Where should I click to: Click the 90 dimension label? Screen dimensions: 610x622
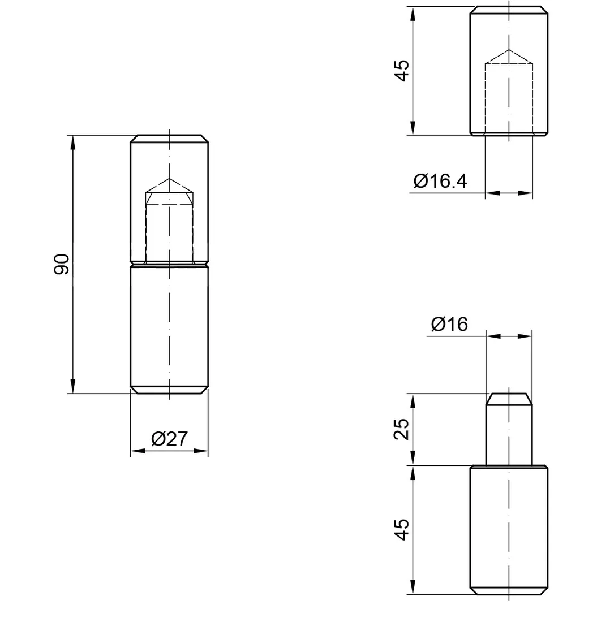(x=62, y=264)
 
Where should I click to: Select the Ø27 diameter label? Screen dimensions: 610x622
(x=169, y=439)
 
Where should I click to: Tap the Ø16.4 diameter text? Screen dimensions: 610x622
(x=440, y=181)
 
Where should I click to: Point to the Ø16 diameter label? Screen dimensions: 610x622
(x=449, y=324)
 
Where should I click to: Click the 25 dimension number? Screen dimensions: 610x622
(x=401, y=429)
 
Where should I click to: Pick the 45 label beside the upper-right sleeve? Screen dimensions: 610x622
(x=401, y=71)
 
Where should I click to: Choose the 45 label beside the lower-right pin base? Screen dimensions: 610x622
(x=401, y=529)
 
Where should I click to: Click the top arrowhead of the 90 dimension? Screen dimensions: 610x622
(x=73, y=142)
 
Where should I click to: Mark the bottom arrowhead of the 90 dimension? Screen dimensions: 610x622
(x=73, y=386)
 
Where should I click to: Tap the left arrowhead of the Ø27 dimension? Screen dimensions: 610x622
(x=138, y=451)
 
